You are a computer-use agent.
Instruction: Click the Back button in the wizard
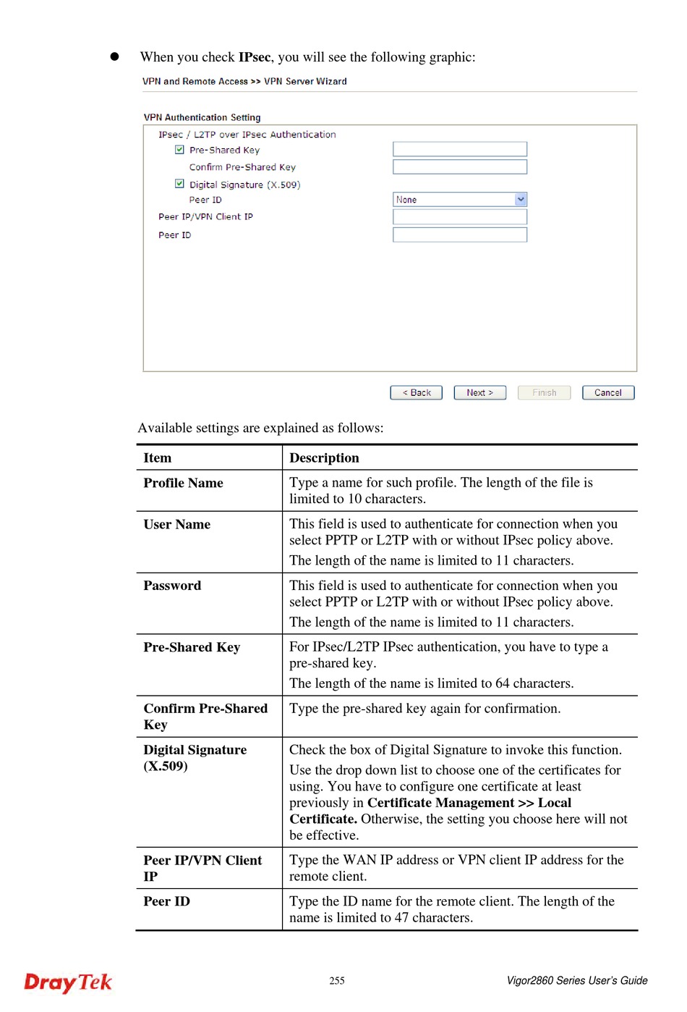click(416, 392)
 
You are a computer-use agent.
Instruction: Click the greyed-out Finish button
click(544, 392)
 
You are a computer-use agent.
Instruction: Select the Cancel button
click(607, 392)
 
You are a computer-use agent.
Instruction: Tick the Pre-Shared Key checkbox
click(179, 150)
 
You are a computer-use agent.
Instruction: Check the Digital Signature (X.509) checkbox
click(179, 184)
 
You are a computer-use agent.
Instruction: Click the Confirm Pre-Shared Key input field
click(459, 167)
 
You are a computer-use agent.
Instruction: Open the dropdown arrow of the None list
click(521, 199)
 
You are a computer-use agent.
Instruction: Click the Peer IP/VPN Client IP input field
click(459, 216)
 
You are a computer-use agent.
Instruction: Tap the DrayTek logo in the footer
click(68, 982)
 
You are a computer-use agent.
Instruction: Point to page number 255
click(337, 981)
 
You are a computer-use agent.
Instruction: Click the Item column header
click(157, 457)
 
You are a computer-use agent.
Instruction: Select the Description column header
click(324, 457)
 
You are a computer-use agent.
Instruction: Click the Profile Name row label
click(183, 483)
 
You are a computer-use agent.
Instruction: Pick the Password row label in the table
click(172, 586)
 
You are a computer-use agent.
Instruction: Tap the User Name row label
click(176, 524)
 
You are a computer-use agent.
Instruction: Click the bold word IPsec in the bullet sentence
click(254, 57)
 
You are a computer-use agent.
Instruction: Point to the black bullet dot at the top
click(114, 56)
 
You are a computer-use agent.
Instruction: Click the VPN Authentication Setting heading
click(202, 117)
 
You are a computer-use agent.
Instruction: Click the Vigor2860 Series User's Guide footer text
click(576, 981)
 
